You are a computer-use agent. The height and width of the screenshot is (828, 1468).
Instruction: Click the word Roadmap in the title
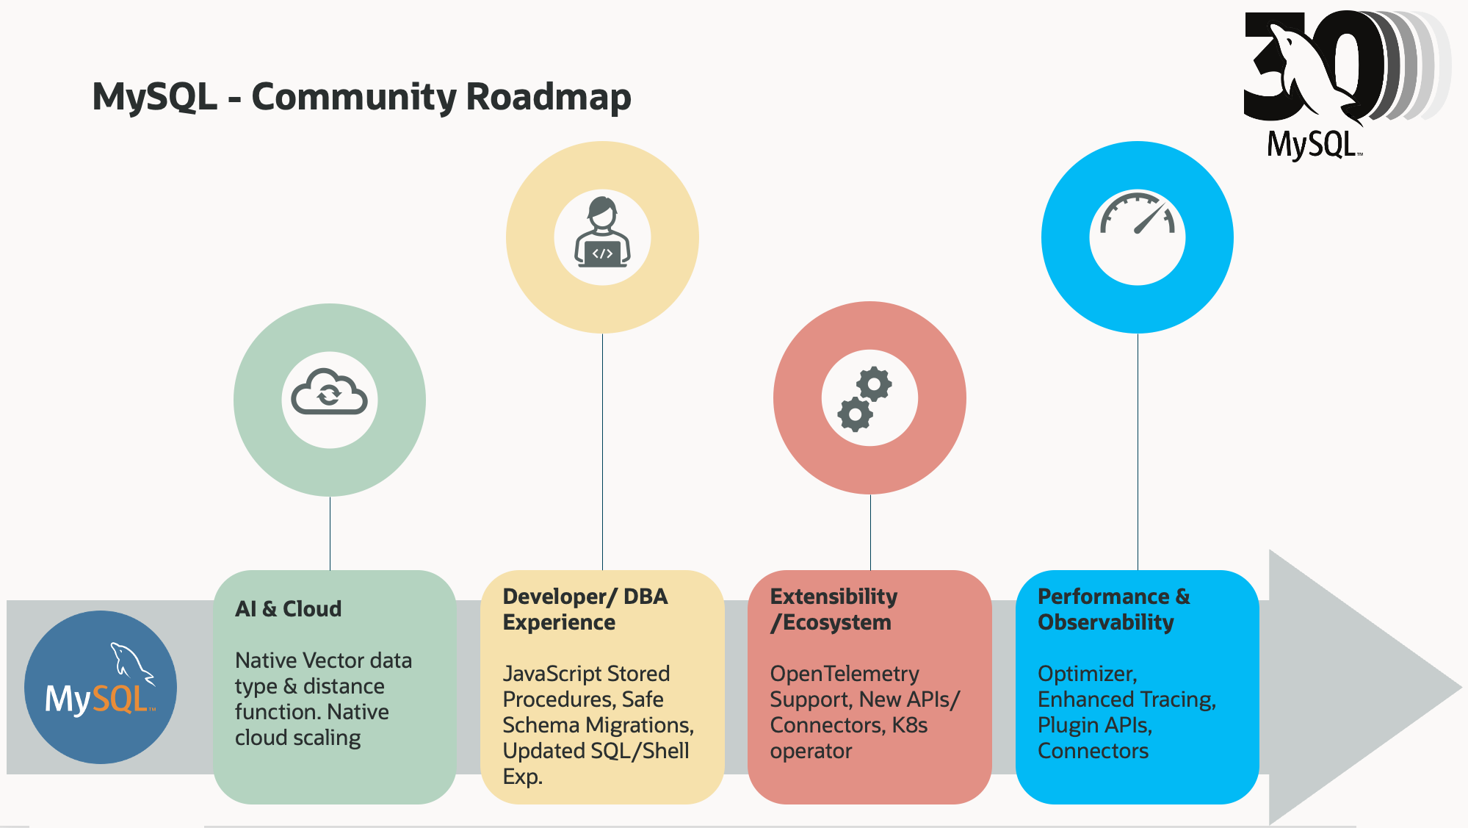point(548,97)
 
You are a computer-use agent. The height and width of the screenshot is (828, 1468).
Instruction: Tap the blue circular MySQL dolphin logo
point(101,687)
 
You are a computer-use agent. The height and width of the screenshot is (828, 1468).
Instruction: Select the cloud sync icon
point(329,393)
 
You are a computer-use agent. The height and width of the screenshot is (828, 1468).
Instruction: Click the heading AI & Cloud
point(288,609)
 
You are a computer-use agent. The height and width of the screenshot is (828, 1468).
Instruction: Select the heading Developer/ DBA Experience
point(585,609)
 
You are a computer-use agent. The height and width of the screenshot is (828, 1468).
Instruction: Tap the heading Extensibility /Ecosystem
point(834,609)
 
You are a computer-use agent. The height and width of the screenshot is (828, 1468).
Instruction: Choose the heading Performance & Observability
point(1113,609)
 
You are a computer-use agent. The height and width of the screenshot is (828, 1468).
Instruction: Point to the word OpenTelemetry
point(844,674)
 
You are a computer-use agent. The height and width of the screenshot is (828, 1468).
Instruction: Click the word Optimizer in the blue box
point(1086,674)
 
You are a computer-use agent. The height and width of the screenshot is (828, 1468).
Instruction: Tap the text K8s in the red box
point(909,725)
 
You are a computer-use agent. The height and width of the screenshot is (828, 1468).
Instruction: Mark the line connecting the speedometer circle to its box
point(1138,452)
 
